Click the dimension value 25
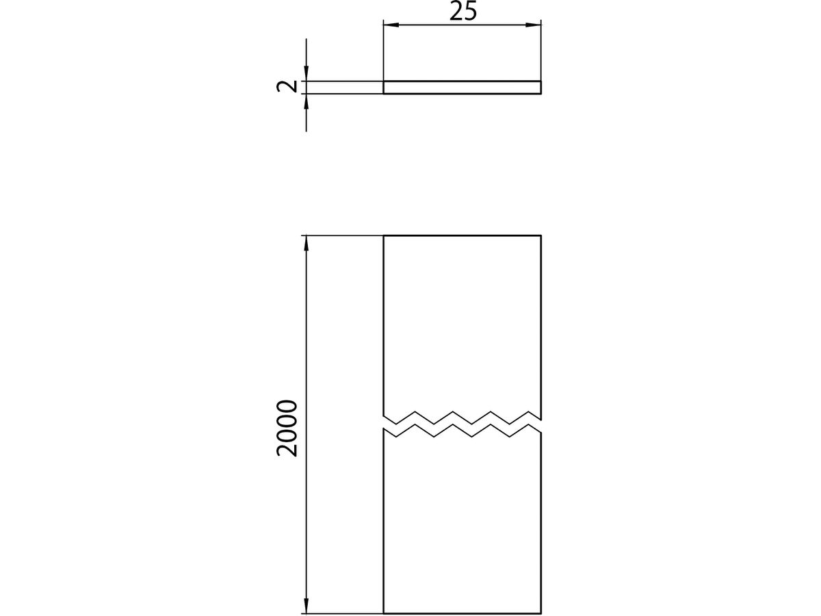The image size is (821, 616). tap(463, 11)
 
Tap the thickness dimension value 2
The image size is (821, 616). tap(287, 87)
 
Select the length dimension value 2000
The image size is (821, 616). tap(287, 428)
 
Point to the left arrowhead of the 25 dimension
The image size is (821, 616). tap(391, 25)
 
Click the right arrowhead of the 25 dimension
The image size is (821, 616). tap(534, 25)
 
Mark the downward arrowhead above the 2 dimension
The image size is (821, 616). tap(307, 73)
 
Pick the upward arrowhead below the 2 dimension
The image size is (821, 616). tap(307, 101)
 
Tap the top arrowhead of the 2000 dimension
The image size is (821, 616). tap(307, 244)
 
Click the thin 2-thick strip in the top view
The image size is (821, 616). tap(462, 87)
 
